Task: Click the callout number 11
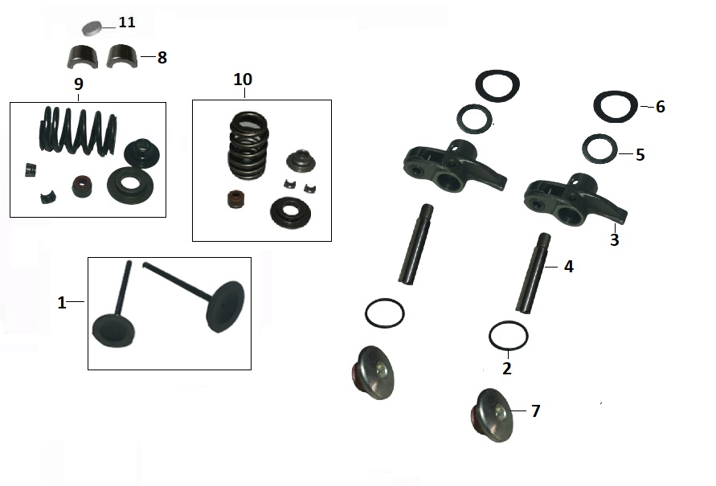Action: point(127,22)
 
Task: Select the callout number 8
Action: point(162,58)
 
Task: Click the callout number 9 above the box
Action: point(79,84)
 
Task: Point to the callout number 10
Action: point(243,80)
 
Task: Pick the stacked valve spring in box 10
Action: point(248,145)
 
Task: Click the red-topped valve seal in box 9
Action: point(82,186)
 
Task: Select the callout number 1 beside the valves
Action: point(62,303)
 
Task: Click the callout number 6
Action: point(660,107)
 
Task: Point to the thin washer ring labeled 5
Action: point(599,148)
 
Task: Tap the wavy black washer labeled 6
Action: point(615,106)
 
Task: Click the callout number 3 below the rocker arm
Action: point(614,239)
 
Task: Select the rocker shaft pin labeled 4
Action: point(533,273)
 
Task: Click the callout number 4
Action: point(568,267)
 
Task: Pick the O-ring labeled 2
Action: point(508,336)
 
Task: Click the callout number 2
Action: point(507,369)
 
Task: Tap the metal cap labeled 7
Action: point(491,415)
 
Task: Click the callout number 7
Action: point(536,411)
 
